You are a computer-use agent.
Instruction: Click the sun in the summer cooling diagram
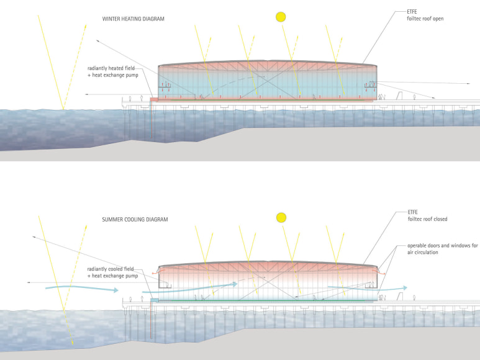(281, 217)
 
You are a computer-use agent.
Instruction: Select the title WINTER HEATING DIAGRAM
(133, 19)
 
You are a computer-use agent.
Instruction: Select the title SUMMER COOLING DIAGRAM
(135, 219)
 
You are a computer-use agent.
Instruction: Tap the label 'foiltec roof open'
(425, 18)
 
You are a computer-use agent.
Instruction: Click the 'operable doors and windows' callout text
(442, 246)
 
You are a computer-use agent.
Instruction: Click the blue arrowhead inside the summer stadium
(235, 284)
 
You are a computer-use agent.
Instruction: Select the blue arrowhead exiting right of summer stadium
(404, 288)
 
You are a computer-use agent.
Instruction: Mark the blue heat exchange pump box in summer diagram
(155, 300)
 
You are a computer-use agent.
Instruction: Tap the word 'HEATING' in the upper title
(133, 19)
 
